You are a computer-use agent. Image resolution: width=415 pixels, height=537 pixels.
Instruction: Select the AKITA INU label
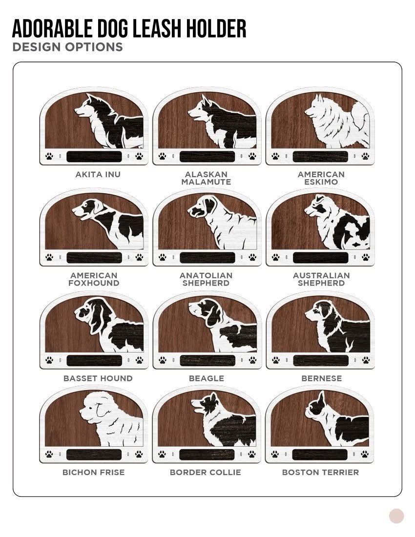pos(98,174)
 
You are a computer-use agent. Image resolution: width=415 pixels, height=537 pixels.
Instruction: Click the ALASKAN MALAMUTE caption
pos(206,178)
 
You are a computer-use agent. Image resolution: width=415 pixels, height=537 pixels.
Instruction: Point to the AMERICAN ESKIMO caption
pos(321,178)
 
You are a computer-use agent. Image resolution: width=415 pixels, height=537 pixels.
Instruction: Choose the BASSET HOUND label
pos(98,378)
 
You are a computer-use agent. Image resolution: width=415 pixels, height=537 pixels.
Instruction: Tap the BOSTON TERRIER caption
pos(320,472)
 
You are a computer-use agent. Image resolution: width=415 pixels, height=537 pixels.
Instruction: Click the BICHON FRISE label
pos(93,472)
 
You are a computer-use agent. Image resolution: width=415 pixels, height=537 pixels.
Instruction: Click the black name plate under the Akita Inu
pos(94,157)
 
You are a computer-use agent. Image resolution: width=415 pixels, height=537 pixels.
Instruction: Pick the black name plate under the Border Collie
pos(207,454)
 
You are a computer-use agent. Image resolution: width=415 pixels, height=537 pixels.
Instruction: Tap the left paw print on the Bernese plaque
pos(276,360)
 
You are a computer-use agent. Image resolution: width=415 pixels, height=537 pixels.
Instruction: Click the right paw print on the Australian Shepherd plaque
pos(366,257)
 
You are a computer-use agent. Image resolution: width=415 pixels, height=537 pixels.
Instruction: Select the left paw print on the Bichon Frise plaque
pos(49,454)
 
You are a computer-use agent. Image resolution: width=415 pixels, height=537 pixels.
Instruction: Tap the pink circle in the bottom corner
pos(396,516)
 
